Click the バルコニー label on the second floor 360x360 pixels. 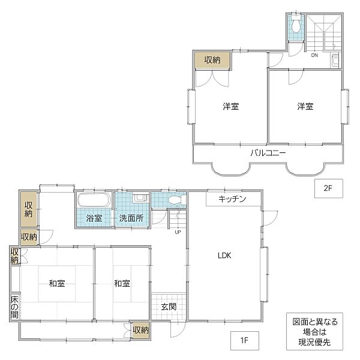pyautogui.click(x=268, y=152)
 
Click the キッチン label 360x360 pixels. pyautogui.click(x=232, y=199)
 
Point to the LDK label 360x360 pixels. pyautogui.click(x=224, y=255)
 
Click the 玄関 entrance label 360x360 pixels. pyautogui.click(x=169, y=307)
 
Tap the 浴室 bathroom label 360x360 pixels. pyautogui.click(x=94, y=218)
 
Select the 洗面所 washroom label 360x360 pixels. pyautogui.click(x=130, y=218)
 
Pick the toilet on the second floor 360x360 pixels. pyautogui.click(x=295, y=25)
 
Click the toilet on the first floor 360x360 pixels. pyautogui.click(x=175, y=200)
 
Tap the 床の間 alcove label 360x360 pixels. pyautogui.click(x=14, y=307)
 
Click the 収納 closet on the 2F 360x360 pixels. pyautogui.click(x=211, y=59)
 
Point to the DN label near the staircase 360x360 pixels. pyautogui.click(x=314, y=55)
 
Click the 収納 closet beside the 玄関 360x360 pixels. pyautogui.click(x=140, y=329)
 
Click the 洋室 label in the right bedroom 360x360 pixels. pyautogui.click(x=305, y=107)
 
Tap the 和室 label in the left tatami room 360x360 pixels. pyautogui.click(x=58, y=283)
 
